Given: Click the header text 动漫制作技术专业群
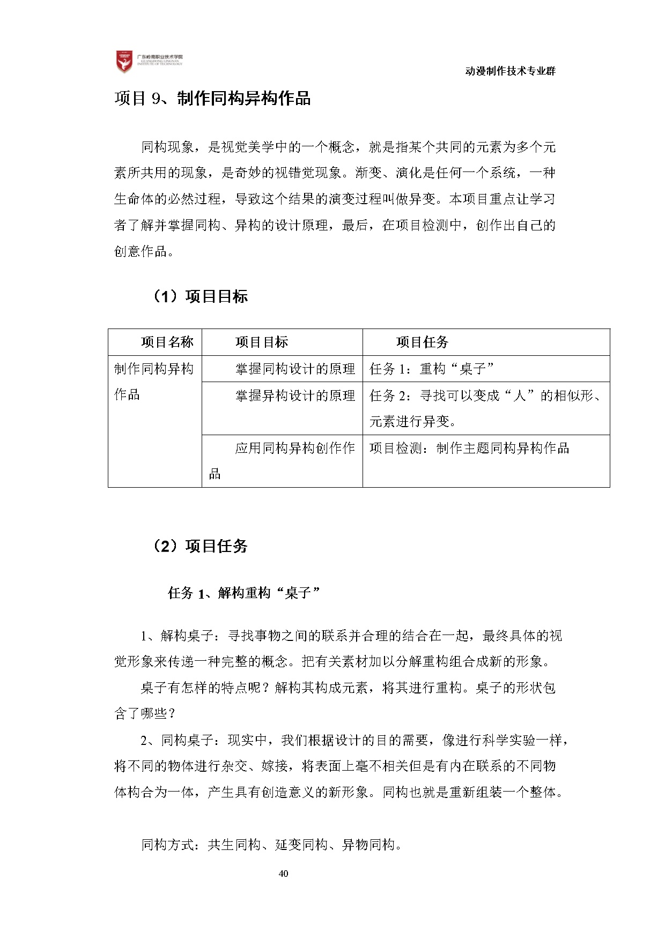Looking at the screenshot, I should pos(510,71).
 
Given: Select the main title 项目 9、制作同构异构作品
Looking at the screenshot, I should pos(212,99).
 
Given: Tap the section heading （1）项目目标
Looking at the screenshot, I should pos(199,296).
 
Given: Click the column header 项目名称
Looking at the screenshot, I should pos(167,342).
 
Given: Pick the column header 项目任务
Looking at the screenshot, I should pos(422,342).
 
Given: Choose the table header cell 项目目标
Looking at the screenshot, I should pos(262,342).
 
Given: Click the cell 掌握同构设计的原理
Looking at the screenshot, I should pos(295,369).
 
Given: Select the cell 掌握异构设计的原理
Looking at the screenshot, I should pos(295,396).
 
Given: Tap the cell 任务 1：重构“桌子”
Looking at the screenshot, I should pos(432,369).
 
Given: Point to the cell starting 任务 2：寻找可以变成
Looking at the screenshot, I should pos(485,408).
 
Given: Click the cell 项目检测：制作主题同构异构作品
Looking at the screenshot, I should pos(469,448).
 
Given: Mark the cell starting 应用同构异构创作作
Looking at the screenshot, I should pos(282,460).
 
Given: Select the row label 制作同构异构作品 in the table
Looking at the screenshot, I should pos(154,382).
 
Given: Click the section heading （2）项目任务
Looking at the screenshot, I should pos(199,546).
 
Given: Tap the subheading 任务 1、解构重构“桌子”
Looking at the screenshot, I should pos(244,593).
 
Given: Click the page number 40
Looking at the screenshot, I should pos(284,874).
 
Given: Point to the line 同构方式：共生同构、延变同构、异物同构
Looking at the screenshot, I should pos(271,845).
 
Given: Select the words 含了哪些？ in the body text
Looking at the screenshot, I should pos(145,713).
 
